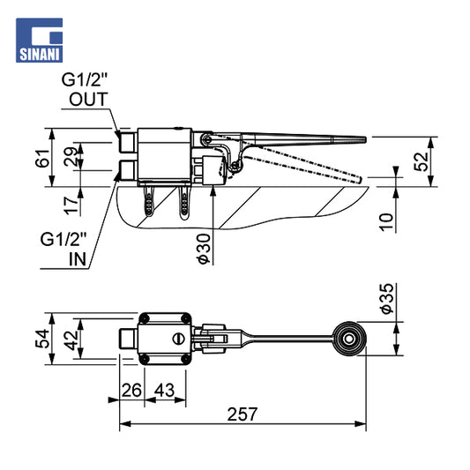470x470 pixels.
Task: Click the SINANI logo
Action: pos(40,41)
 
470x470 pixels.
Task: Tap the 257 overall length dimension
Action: pos(242,414)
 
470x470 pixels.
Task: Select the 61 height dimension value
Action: pos(42,158)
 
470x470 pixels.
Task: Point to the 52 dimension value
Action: pos(422,162)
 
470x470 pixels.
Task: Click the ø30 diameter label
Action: pos(204,249)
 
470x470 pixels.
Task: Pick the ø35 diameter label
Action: pos(387,299)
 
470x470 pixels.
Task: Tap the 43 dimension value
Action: pos(164,391)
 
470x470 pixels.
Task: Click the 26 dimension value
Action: pos(131,391)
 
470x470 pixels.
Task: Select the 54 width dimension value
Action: pos(42,339)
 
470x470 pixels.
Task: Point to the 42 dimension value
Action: pos(72,340)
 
